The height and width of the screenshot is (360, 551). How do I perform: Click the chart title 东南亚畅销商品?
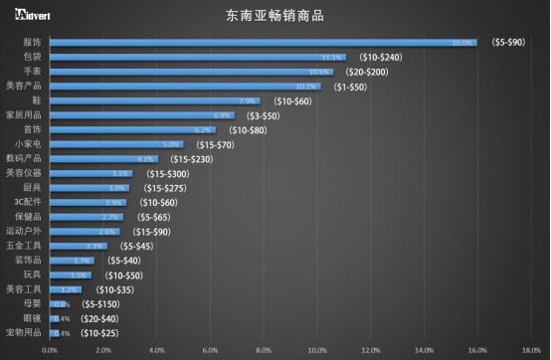(275, 17)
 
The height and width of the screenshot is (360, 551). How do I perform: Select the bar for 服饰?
(263, 43)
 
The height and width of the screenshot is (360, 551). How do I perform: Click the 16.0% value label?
(462, 43)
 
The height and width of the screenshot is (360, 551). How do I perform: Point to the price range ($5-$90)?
(509, 43)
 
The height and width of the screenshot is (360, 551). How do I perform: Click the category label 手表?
(32, 72)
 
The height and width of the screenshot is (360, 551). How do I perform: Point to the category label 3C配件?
(28, 202)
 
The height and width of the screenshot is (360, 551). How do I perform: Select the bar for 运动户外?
(85, 231)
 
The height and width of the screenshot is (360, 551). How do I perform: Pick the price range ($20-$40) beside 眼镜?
(100, 318)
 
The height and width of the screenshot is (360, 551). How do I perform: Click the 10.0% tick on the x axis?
(316, 350)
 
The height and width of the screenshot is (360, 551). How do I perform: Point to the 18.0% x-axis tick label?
(530, 350)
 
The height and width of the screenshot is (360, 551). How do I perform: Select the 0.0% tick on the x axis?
(50, 350)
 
